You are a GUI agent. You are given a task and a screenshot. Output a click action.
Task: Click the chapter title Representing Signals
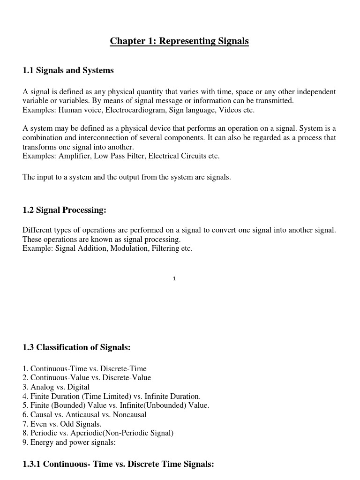(x=179, y=41)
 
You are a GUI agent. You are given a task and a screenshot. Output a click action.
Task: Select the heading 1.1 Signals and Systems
(x=68, y=70)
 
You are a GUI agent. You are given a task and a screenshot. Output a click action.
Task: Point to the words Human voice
(x=79, y=110)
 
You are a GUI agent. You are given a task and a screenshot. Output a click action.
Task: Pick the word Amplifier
(x=75, y=156)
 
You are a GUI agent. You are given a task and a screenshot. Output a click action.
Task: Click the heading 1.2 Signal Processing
(x=64, y=210)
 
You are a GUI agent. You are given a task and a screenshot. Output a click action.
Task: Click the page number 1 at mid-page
(x=174, y=278)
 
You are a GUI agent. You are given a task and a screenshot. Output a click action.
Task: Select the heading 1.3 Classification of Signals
(x=76, y=347)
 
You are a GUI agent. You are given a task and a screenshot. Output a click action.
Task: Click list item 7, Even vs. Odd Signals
(x=62, y=424)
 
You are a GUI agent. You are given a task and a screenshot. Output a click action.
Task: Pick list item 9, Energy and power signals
(x=69, y=442)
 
